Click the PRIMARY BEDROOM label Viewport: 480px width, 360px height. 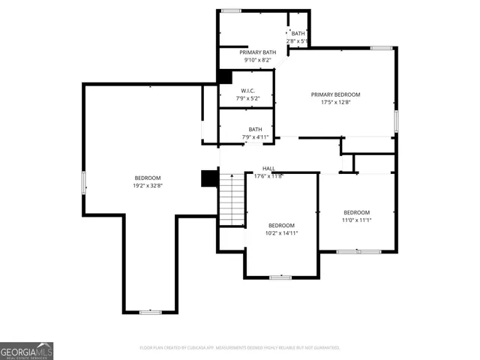coord(335,94)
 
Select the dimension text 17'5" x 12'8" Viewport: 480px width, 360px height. coord(335,102)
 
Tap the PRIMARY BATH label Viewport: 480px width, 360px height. coord(258,52)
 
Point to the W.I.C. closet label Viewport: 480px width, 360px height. coord(247,90)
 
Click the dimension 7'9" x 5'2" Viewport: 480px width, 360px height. coord(247,98)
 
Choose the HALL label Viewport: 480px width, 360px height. coord(268,168)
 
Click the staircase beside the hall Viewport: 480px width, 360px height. coord(232,199)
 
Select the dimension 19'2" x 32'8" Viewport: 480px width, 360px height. coord(148,185)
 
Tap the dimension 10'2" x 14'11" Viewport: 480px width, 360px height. coord(282,233)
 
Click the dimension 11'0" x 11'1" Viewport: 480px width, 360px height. coord(356,220)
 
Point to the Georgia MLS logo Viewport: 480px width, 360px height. coord(26,351)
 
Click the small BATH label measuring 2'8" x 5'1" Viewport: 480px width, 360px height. coord(298,33)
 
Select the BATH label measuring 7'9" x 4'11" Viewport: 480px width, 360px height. coord(255,129)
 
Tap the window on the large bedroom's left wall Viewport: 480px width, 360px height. coord(83,182)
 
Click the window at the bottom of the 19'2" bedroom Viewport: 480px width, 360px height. coord(150,312)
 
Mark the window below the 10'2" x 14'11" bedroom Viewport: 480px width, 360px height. coord(280,277)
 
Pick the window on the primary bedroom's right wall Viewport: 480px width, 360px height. coord(396,121)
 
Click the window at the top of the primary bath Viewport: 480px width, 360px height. coord(231,10)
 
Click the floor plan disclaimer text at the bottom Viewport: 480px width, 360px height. coord(240,348)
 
